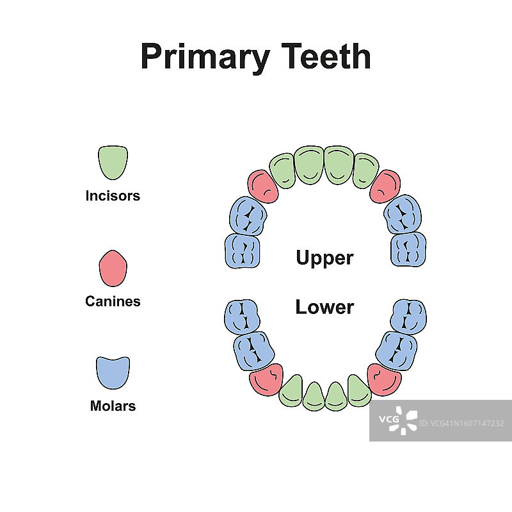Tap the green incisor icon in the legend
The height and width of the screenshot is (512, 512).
(113, 162)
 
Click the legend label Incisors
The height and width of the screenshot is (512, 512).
(113, 196)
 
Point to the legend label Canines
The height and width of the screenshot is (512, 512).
(113, 301)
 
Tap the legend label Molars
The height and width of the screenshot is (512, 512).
(113, 406)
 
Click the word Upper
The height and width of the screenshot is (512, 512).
(324, 258)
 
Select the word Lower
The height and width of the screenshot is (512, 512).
(324, 307)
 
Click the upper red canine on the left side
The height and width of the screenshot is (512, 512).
(262, 186)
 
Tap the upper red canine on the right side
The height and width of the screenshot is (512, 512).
(385, 186)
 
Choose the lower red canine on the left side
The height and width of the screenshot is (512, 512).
(266, 379)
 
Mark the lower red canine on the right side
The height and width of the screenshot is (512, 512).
(385, 379)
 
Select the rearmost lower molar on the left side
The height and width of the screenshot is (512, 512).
(243, 316)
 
